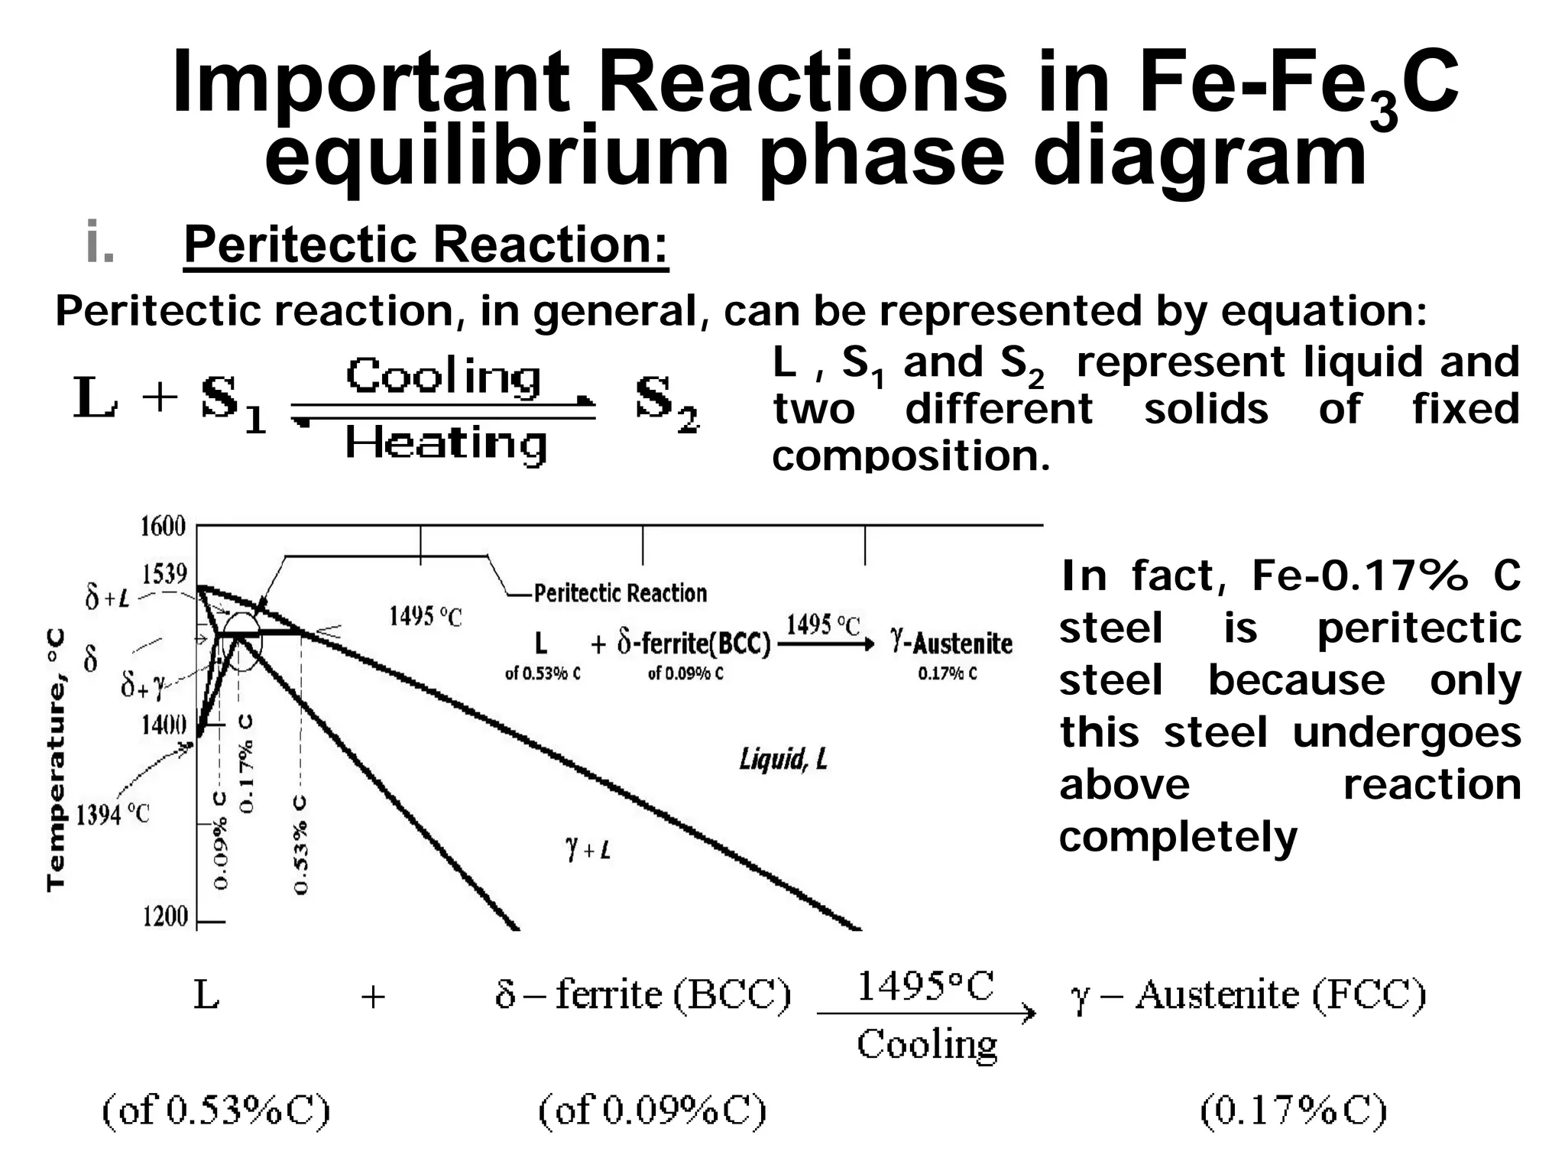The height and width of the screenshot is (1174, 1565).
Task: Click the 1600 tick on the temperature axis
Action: [x=163, y=527]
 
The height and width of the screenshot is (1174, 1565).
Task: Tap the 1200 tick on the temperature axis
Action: [x=165, y=916]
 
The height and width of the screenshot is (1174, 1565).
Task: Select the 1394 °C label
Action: [x=112, y=816]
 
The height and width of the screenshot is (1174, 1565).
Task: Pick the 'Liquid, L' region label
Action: [x=783, y=759]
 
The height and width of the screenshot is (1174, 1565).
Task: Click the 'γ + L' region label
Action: [x=588, y=849]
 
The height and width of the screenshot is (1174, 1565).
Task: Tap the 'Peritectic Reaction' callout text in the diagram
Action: [x=620, y=593]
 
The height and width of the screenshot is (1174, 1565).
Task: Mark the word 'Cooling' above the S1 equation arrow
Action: [x=443, y=377]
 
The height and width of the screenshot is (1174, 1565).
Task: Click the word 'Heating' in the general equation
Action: [x=446, y=443]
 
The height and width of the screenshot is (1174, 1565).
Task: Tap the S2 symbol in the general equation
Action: [x=666, y=403]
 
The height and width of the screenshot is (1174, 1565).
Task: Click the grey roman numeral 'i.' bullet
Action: [x=100, y=242]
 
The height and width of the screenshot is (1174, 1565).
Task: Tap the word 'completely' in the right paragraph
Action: [x=1178, y=837]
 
